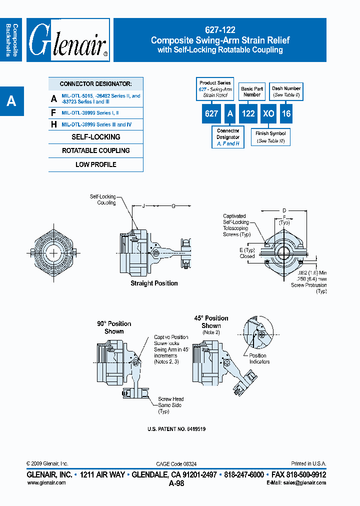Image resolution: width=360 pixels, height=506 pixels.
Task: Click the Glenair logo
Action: pos(68,40)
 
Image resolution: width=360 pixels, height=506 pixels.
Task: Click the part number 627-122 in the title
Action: pos(220,30)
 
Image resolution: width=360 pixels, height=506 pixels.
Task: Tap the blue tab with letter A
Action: pos(11,101)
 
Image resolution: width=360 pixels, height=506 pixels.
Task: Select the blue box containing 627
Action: pos(211,113)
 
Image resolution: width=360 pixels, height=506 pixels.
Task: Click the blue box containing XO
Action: pos(268,113)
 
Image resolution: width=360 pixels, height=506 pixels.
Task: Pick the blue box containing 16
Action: pos(285,113)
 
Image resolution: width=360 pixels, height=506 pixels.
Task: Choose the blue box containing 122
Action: pos(248,113)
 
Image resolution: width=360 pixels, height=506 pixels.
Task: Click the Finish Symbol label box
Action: pos(270,137)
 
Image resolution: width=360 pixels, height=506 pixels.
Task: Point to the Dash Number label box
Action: pos(286,91)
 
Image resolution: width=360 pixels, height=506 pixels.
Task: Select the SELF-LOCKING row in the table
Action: pos(95,137)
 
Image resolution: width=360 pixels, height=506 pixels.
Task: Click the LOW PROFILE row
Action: pos(95,164)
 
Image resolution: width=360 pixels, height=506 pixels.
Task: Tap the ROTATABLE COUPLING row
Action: pos(95,150)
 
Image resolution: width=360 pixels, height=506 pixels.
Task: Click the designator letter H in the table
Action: pos(54,124)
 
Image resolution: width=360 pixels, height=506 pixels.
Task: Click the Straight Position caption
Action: pos(154,283)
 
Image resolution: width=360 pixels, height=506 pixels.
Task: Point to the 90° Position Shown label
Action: pos(114,327)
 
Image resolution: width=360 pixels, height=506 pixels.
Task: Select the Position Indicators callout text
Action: pos(259,358)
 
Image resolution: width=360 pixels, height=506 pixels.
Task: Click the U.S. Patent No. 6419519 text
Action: pos(176,429)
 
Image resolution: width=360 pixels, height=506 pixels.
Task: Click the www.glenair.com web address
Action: pos(46,482)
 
